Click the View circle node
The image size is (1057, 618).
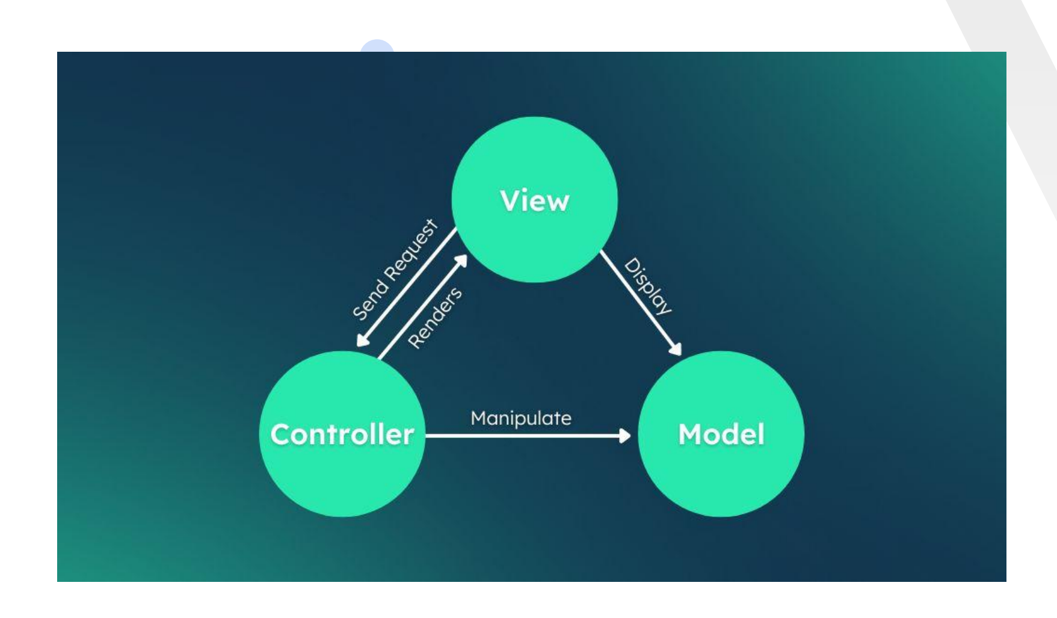pos(534,241)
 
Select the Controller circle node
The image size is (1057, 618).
pos(342,475)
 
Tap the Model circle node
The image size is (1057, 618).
pos(721,475)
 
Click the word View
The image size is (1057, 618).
pos(534,200)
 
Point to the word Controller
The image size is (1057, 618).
pos(342,434)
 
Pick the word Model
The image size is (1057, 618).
pos(721,434)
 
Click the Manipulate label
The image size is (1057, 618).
pos(521,418)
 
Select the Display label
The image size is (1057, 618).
pos(647,286)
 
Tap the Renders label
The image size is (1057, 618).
pos(435,317)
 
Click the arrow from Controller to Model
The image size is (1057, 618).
pos(523,435)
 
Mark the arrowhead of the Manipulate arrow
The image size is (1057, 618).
pos(625,435)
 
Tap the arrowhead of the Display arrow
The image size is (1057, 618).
pos(676,349)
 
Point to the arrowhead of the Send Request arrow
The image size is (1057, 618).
pos(362,341)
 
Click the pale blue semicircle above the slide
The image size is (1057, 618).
pos(377,46)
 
